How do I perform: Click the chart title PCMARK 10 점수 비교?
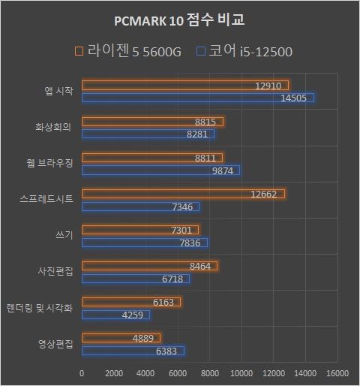[x=179, y=19]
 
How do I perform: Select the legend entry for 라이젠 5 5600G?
[x=128, y=51]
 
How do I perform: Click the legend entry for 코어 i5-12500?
[x=243, y=51]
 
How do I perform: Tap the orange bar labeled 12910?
[x=184, y=85]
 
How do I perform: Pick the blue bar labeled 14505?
[x=198, y=98]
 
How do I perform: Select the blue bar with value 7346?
[x=140, y=207]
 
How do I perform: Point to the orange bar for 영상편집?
[x=121, y=338]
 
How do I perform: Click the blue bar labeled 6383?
[x=133, y=351]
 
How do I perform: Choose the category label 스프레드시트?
[x=46, y=199]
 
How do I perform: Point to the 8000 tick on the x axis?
[x=209, y=372]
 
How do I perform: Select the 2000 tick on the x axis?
[x=113, y=372]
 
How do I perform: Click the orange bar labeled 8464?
[x=149, y=266]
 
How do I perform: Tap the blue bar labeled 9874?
[x=160, y=170]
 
